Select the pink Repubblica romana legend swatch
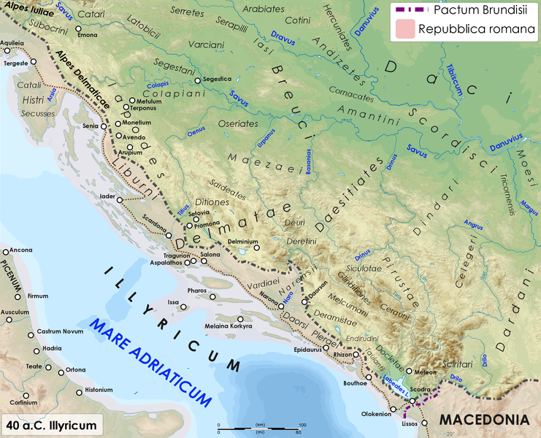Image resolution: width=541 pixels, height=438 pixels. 404,29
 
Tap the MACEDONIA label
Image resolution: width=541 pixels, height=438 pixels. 483,421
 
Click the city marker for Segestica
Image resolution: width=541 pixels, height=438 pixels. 197,80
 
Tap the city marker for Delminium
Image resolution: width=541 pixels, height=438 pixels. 256,248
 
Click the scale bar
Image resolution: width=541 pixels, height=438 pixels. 260,426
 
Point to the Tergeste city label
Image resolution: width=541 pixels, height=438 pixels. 16,64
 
